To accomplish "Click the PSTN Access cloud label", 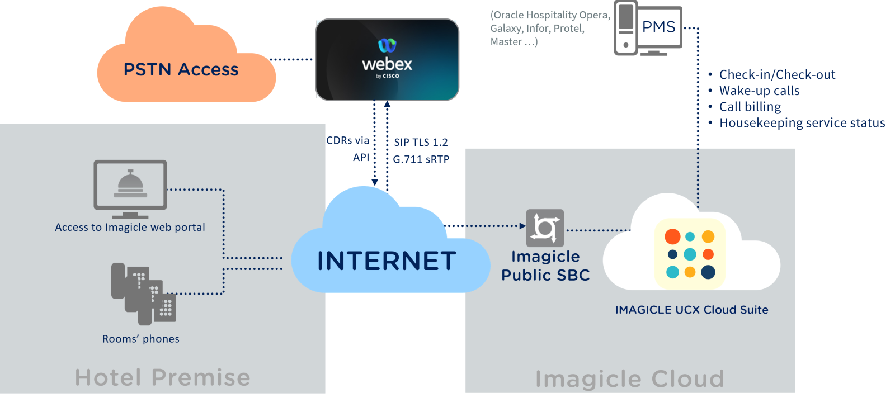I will click(x=181, y=69).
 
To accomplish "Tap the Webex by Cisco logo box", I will click(x=387, y=59).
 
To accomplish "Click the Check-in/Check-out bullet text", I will click(x=777, y=75).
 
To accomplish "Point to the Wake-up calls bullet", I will click(x=759, y=91).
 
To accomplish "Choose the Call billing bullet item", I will click(x=750, y=107).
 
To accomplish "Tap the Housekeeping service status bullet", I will click(x=802, y=123).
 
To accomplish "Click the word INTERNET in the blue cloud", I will click(x=387, y=261).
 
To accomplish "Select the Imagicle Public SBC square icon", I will click(x=545, y=228).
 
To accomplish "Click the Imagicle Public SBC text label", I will click(x=545, y=266).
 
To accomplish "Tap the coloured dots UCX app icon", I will click(x=690, y=254).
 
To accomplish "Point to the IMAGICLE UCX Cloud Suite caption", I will click(x=691, y=310).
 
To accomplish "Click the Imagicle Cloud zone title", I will click(x=629, y=378).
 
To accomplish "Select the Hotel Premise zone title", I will click(x=162, y=377).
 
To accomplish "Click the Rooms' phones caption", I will click(x=140, y=339).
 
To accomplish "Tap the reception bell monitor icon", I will click(x=130, y=186).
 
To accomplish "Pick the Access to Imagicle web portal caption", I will click(x=130, y=227).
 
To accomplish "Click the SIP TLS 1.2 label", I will click(x=421, y=143).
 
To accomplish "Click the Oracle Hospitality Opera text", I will click(x=550, y=16).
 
